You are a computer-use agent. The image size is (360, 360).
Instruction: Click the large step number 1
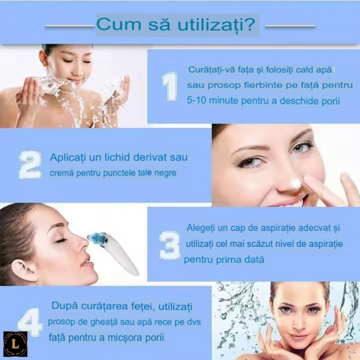point(170,86)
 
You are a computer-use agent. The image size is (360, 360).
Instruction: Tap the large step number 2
point(30,165)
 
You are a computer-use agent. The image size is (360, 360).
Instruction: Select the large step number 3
point(170,245)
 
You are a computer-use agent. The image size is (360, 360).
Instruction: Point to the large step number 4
point(30,322)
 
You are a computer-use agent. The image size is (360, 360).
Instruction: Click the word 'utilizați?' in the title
point(217,24)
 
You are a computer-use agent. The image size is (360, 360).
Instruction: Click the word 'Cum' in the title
point(119,24)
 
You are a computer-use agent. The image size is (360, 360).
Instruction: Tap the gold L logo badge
point(15,344)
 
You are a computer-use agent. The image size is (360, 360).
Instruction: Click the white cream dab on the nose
point(294,183)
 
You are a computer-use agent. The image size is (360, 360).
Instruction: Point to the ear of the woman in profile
point(22,272)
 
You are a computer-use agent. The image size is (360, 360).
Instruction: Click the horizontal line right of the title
point(290,26)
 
